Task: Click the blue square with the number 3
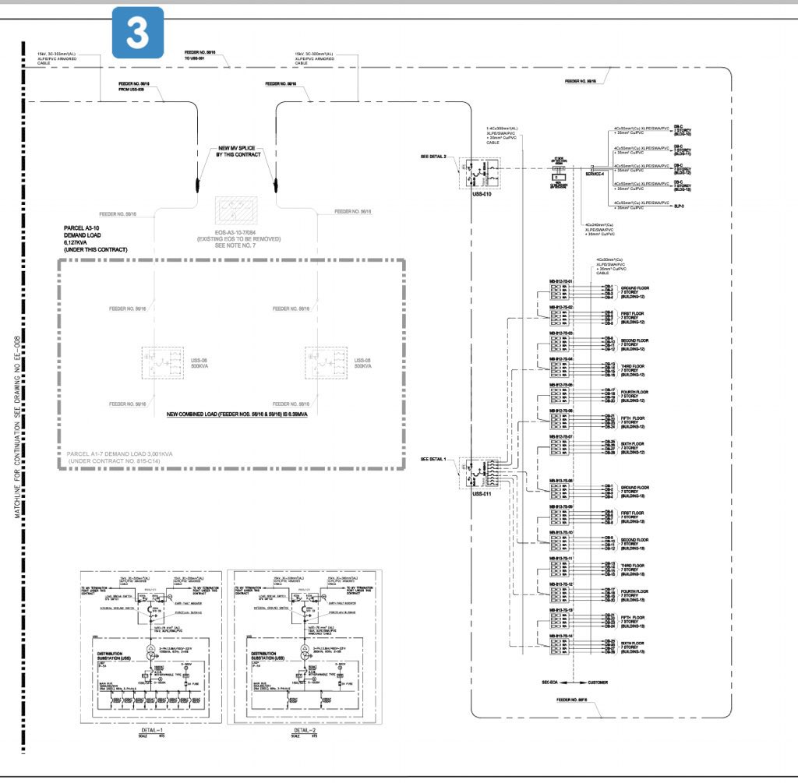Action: coord(138,32)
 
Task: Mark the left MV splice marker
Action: coord(195,185)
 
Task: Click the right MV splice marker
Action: coord(276,185)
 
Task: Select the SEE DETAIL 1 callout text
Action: coord(433,460)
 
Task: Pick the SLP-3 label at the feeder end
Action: coord(678,206)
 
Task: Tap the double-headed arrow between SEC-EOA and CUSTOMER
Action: coord(573,682)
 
